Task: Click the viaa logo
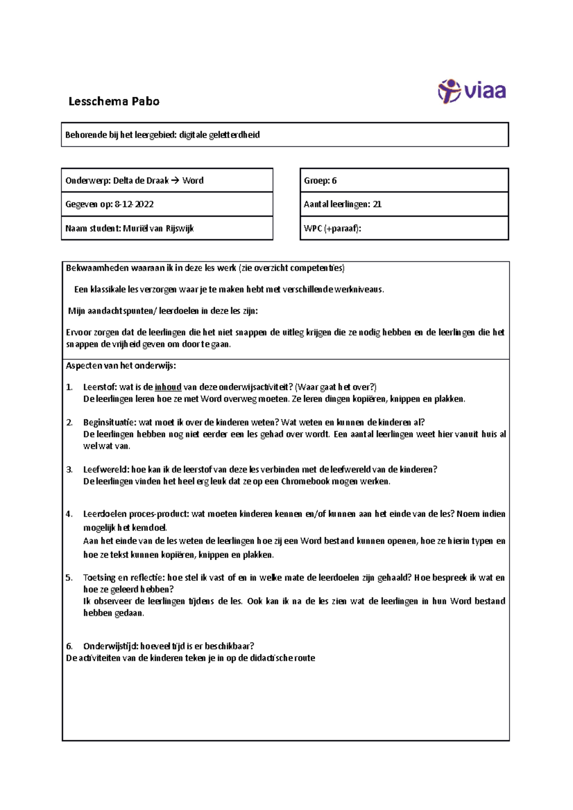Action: [472, 91]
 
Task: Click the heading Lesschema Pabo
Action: [114, 101]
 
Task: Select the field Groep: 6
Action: [403, 180]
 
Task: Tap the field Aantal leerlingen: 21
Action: [403, 204]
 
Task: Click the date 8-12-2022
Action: [134, 204]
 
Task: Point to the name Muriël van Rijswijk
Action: [158, 228]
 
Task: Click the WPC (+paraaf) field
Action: [403, 228]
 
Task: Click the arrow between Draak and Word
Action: [175, 180]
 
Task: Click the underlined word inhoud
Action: [168, 387]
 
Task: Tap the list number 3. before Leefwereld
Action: [69, 469]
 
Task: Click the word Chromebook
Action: [305, 481]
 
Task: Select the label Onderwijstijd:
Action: [111, 646]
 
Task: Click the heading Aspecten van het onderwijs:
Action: [121, 366]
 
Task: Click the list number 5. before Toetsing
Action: [69, 578]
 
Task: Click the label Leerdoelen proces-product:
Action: [136, 514]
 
